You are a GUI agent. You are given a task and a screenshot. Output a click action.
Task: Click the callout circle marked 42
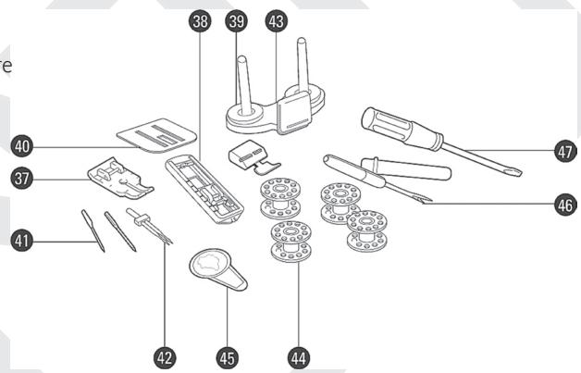click(x=167, y=354)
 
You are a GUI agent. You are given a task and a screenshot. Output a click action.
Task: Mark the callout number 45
click(x=226, y=354)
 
